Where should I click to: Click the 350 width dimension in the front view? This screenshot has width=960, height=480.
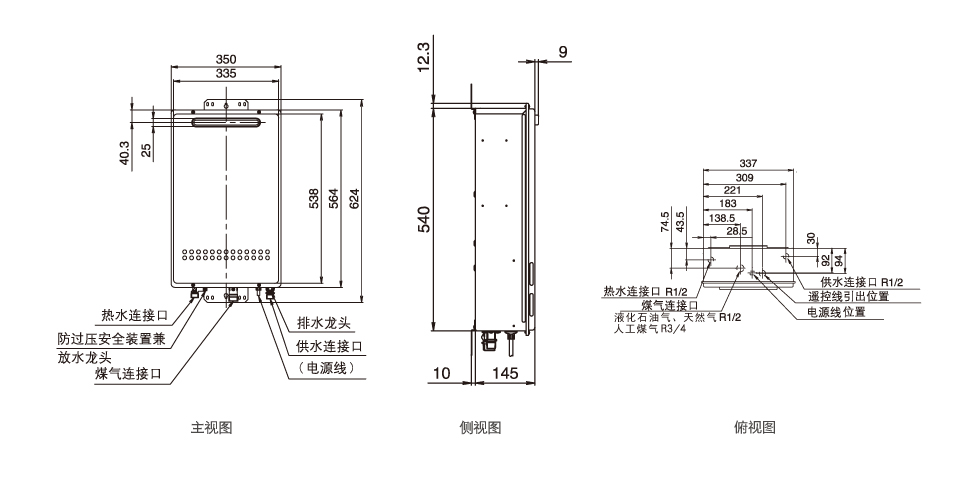click(x=226, y=59)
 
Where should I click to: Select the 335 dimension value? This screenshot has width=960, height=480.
click(x=226, y=74)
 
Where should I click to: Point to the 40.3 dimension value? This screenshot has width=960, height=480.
click(x=125, y=153)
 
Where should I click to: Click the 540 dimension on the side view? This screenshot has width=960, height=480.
click(x=423, y=219)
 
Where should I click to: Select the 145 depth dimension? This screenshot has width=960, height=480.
click(x=506, y=373)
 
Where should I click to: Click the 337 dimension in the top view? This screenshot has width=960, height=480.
click(x=747, y=164)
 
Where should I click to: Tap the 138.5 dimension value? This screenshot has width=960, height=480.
click(x=721, y=217)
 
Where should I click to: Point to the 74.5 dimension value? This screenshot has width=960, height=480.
click(x=664, y=221)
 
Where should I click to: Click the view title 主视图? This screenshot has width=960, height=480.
click(x=212, y=428)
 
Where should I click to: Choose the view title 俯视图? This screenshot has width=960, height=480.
click(x=755, y=428)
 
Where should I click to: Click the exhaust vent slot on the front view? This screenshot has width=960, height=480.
click(x=226, y=123)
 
